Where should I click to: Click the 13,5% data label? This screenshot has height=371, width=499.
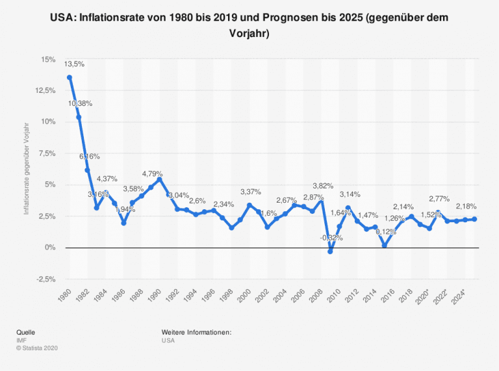click(x=74, y=64)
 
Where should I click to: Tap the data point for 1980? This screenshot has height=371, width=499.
click(x=70, y=77)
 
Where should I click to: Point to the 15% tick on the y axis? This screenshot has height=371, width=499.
click(x=48, y=59)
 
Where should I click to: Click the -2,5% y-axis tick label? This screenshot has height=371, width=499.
click(x=45, y=279)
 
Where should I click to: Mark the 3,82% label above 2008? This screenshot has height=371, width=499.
click(x=323, y=185)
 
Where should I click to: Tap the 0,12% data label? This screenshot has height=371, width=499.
click(x=387, y=232)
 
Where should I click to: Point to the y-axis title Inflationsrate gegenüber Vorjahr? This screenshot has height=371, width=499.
click(x=27, y=169)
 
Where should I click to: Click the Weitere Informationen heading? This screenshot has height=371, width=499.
click(x=197, y=332)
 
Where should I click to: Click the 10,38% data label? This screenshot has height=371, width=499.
click(x=81, y=103)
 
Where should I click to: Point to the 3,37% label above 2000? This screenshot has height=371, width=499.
click(x=251, y=192)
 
